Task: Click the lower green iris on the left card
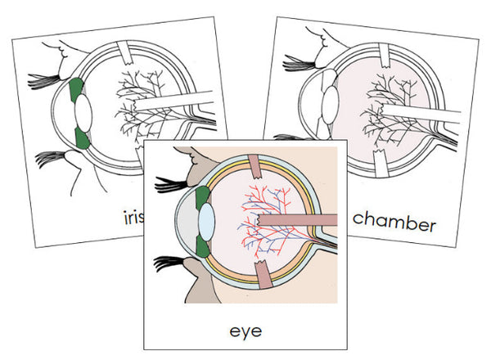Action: click(81, 137)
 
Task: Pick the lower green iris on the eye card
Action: click(205, 245)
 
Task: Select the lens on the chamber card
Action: click(328, 105)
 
